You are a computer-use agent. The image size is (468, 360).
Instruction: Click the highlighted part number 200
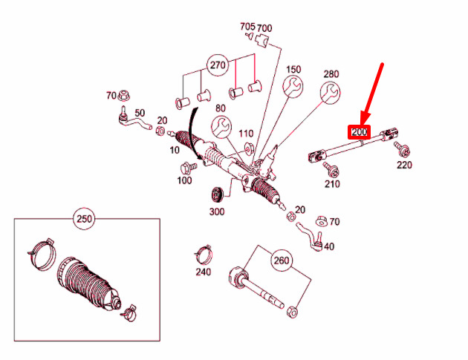point(360,132)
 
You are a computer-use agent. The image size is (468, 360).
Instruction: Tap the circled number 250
point(85,219)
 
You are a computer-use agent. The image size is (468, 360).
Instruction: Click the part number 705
point(247,26)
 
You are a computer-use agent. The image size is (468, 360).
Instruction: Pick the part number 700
point(264,28)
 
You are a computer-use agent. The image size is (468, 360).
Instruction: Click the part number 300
point(216,212)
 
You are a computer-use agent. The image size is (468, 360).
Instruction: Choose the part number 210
point(332,183)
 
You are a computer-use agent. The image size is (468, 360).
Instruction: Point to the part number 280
point(331,73)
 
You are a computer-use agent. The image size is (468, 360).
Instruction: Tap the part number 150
point(293,70)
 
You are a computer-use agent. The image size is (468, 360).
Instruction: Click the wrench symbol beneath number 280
point(330,93)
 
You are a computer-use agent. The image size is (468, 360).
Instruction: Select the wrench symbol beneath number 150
point(293,88)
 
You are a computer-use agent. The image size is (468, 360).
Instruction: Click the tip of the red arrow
point(363,121)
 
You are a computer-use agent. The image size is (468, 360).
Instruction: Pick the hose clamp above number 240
point(203,252)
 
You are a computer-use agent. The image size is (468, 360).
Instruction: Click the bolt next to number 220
point(399,148)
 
